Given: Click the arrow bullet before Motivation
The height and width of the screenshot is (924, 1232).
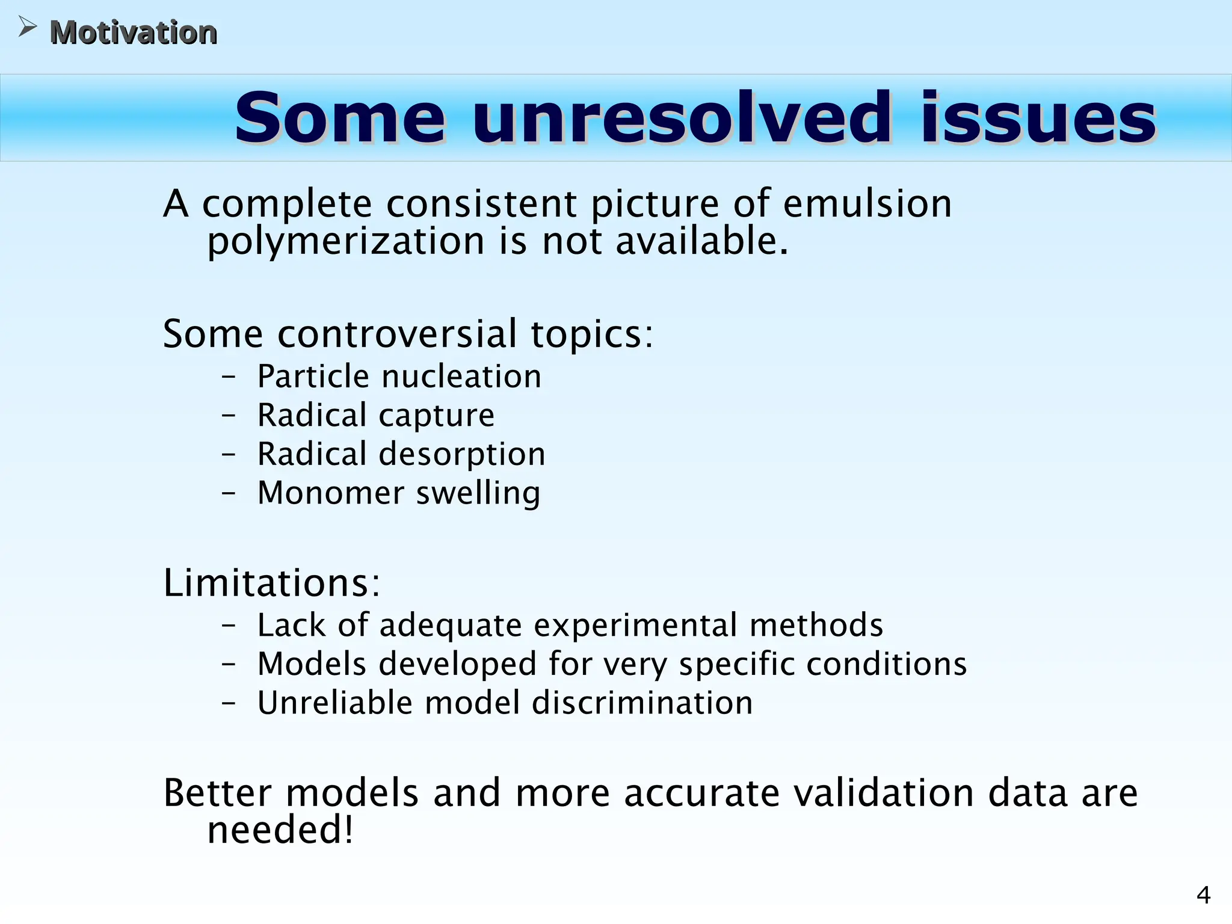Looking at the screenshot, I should tap(27, 27).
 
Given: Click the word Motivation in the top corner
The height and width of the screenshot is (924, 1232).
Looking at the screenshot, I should tap(133, 32).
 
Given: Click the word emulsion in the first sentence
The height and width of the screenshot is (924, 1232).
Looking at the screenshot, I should tap(867, 203).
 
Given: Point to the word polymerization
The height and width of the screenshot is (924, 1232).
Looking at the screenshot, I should tap(345, 241).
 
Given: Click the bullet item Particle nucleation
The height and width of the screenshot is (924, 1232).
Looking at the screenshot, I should tap(399, 377).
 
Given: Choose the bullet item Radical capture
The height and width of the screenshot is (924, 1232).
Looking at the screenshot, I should tap(376, 415).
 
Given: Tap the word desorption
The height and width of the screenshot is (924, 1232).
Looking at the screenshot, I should tap(462, 454).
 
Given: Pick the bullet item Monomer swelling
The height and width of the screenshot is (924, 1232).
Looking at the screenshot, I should tap(399, 493).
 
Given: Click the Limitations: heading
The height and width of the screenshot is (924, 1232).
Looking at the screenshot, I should tap(272, 583).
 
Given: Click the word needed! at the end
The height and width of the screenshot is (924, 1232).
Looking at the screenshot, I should tap(280, 830).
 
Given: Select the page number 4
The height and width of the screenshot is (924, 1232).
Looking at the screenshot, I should tap(1203, 896).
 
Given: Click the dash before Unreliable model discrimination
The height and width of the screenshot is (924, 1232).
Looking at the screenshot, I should tap(229, 703).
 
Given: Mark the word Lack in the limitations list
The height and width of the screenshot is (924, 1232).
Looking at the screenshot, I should tap(292, 625).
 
